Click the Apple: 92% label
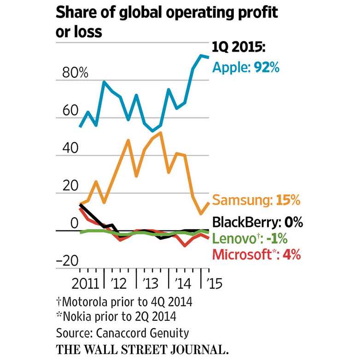click(246, 68)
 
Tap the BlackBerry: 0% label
click(257, 223)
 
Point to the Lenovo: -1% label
click(250, 238)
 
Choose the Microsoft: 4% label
click(256, 254)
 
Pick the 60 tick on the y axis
click(66, 110)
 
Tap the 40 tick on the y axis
click(66, 149)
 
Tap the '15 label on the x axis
click(214, 283)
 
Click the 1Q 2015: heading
click(242, 48)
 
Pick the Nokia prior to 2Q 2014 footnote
click(117, 317)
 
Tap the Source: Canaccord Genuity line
click(122, 332)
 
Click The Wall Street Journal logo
click(142, 348)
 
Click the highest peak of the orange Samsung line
click(160, 133)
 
